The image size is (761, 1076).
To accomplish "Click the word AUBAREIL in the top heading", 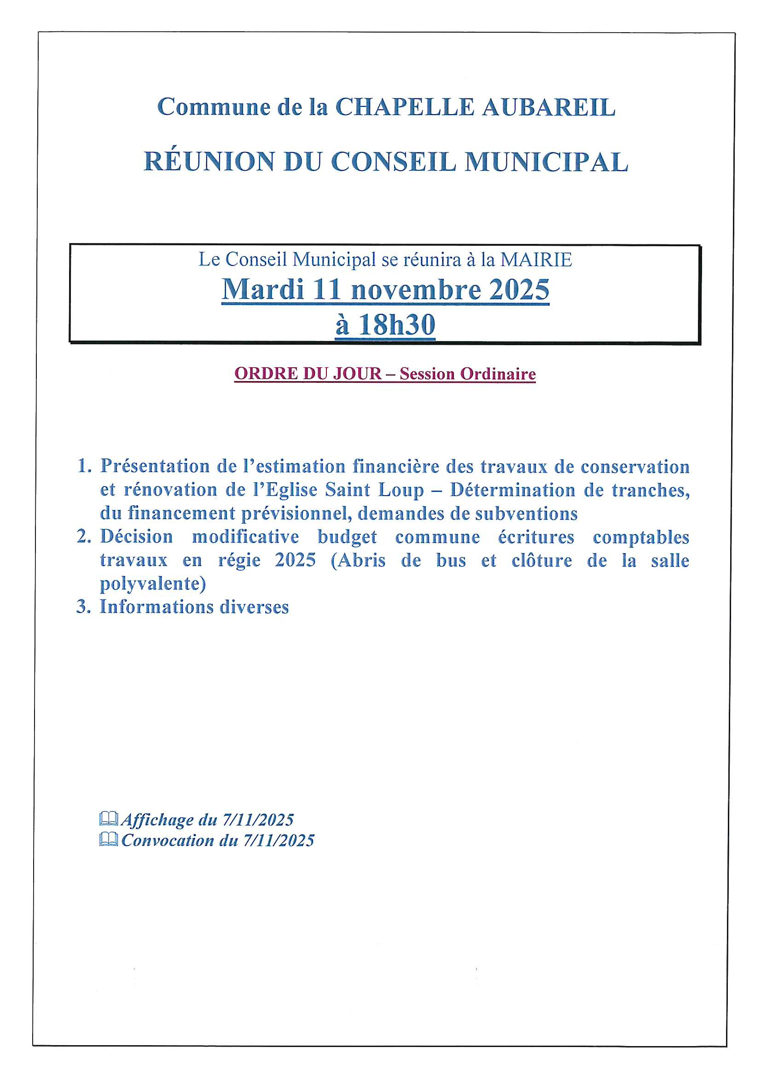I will [548, 107].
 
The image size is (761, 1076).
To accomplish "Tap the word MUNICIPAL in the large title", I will [546, 162].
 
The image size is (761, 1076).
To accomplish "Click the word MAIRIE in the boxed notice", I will [536, 260].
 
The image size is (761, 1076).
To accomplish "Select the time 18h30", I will [397, 324].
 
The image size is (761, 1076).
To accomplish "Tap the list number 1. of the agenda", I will [84, 466].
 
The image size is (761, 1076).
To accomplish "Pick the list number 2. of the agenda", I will [84, 537].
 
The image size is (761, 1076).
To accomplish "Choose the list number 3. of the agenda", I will [83, 607].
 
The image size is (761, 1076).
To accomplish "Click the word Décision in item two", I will [136, 537].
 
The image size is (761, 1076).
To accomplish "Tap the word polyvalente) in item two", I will [153, 584].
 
